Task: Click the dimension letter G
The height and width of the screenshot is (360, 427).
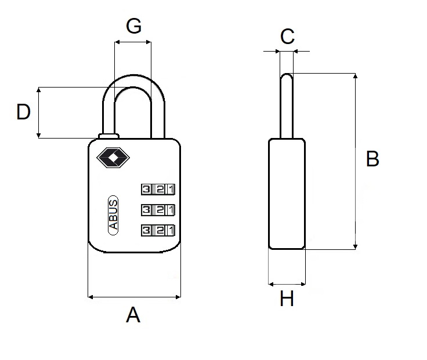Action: coord(133,27)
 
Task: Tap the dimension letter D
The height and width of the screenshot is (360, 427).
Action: coord(23,112)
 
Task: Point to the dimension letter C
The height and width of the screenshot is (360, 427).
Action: coord(287,36)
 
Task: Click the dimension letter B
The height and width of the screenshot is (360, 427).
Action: coord(372,158)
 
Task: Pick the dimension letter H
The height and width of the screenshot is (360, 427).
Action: coord(287,299)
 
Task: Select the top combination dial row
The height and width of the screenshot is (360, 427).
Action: coord(157,189)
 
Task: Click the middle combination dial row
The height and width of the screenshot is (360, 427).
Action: coord(157,209)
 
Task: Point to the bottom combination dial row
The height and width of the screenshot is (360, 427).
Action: coord(157,230)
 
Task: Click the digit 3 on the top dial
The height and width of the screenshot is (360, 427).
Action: coord(146,189)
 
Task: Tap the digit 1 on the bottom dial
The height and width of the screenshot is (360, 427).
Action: coord(169,230)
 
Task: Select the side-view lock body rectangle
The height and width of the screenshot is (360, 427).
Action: coord(287,194)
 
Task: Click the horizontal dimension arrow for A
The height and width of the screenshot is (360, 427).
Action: coord(133,297)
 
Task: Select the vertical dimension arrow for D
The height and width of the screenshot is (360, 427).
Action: coord(39,112)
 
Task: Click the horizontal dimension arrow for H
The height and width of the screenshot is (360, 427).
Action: coord(287,284)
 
